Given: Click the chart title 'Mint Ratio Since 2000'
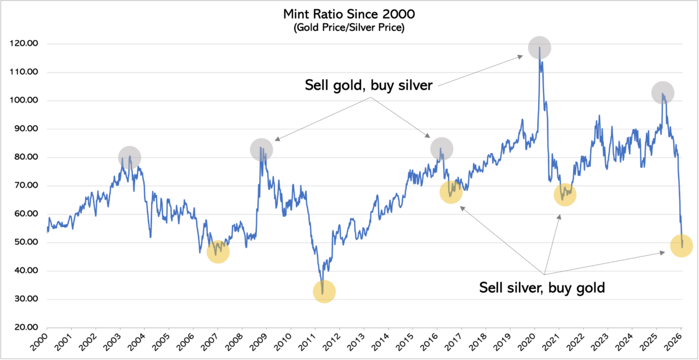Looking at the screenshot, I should click(x=349, y=14).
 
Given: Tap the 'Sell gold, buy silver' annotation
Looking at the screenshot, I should click(x=368, y=85).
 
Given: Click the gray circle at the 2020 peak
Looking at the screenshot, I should click(x=539, y=48).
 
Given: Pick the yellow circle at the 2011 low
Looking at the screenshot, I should click(x=324, y=291).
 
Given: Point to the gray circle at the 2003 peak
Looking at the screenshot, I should click(x=130, y=157).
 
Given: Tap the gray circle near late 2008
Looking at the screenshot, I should click(x=262, y=149).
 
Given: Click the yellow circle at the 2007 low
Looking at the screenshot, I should click(x=218, y=252).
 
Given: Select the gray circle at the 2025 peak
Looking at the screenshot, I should click(x=663, y=92).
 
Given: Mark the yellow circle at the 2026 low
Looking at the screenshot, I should click(x=681, y=245).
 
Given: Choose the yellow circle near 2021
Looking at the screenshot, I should click(x=564, y=195).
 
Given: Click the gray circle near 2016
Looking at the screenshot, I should click(x=442, y=149).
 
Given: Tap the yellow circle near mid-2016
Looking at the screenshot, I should click(x=451, y=191).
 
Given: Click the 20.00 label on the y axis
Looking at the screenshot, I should click(x=27, y=327).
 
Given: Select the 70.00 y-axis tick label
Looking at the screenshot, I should click(x=27, y=186).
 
